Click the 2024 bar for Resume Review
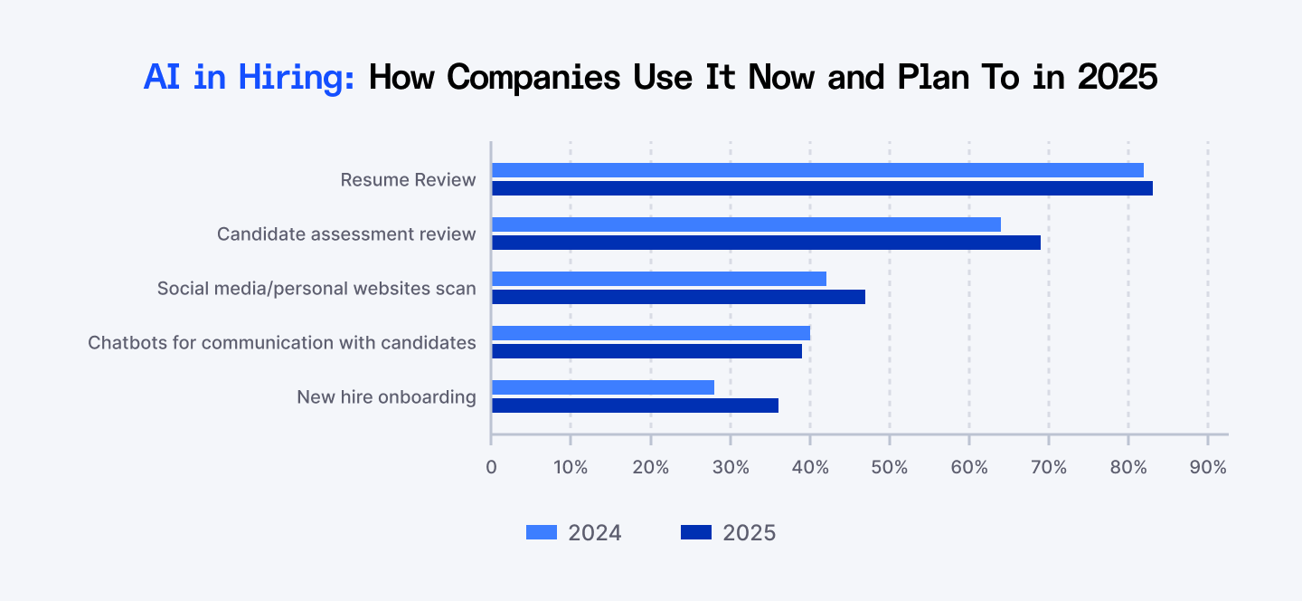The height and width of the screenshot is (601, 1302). [817, 170]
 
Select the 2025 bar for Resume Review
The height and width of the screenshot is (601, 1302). [822, 188]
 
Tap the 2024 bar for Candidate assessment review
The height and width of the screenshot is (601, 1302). [746, 224]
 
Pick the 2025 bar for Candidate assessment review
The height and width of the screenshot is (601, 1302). [766, 243]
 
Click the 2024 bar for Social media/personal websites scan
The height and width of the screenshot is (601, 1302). [658, 279]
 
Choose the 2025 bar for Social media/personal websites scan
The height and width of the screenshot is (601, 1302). [678, 297]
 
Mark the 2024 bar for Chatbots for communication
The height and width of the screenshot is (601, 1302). [650, 333]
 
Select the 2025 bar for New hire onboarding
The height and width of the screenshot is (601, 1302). [635, 405]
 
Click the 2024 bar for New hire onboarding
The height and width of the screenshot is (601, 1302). [602, 387]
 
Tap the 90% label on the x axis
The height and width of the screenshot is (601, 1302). [1208, 468]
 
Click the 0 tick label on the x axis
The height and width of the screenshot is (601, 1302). [491, 468]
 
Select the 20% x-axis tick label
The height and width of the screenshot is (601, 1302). [650, 468]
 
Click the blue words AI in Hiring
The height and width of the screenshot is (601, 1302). [250, 78]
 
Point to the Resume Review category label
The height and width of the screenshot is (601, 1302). [408, 180]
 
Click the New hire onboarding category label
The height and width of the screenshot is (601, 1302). [386, 397]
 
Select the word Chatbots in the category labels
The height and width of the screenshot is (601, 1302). [123, 343]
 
